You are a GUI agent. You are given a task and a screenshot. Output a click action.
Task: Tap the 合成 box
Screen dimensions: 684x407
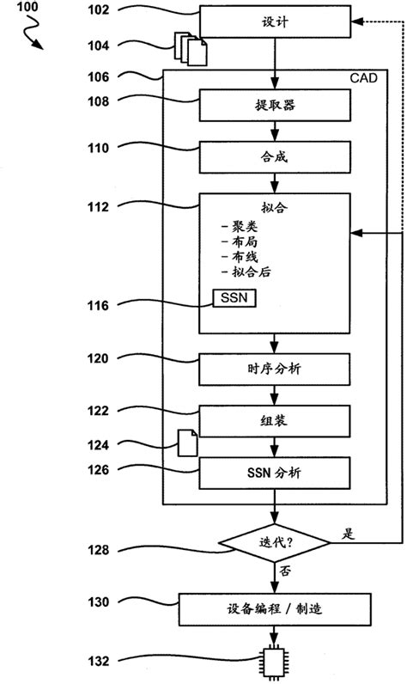click(x=275, y=157)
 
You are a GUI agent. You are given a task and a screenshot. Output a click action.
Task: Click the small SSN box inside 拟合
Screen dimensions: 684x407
click(x=234, y=298)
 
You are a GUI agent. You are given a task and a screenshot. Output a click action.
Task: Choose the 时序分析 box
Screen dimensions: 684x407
click(x=275, y=369)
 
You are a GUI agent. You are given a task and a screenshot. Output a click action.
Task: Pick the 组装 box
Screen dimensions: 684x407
click(x=275, y=420)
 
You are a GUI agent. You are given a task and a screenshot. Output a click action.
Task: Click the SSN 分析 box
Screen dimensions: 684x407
click(x=275, y=473)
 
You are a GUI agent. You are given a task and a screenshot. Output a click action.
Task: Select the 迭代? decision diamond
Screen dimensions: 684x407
click(x=275, y=542)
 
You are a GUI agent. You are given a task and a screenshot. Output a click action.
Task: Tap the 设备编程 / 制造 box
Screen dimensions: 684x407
click(x=275, y=609)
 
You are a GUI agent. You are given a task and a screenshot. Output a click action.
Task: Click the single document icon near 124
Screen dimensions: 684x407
click(x=186, y=443)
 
